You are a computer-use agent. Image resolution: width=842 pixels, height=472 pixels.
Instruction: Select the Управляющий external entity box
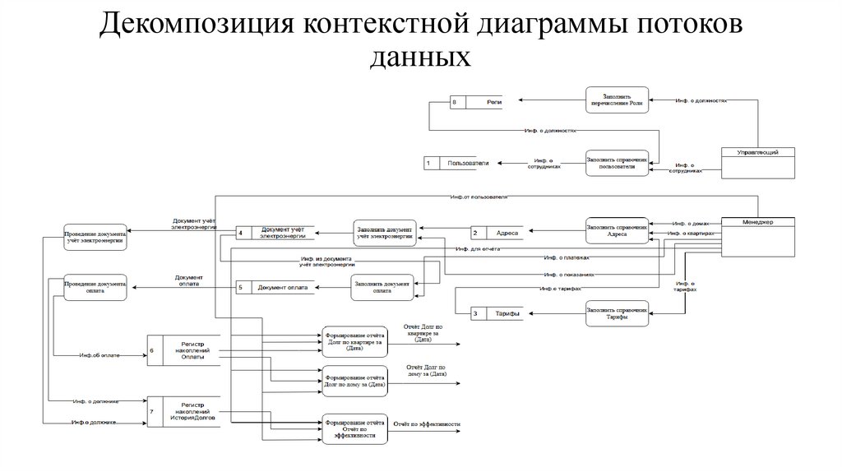757,161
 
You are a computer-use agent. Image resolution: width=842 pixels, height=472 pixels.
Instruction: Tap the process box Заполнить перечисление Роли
617,100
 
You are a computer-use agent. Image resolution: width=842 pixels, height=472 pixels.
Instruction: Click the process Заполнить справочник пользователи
617,162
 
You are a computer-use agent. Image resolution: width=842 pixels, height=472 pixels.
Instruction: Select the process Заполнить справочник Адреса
617,231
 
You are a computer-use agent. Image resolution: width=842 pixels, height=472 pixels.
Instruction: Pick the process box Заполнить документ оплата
382,288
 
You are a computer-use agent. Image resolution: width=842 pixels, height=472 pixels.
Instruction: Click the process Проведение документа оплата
95,287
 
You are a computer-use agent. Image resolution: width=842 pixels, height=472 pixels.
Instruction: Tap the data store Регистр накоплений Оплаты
186,349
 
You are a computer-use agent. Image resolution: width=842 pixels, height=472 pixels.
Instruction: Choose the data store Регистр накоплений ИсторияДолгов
186,410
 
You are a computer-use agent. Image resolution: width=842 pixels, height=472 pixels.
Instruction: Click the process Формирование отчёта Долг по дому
354,381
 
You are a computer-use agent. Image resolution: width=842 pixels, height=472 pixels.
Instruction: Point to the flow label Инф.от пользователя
479,198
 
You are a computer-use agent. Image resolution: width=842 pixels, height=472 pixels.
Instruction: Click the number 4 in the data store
240,233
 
